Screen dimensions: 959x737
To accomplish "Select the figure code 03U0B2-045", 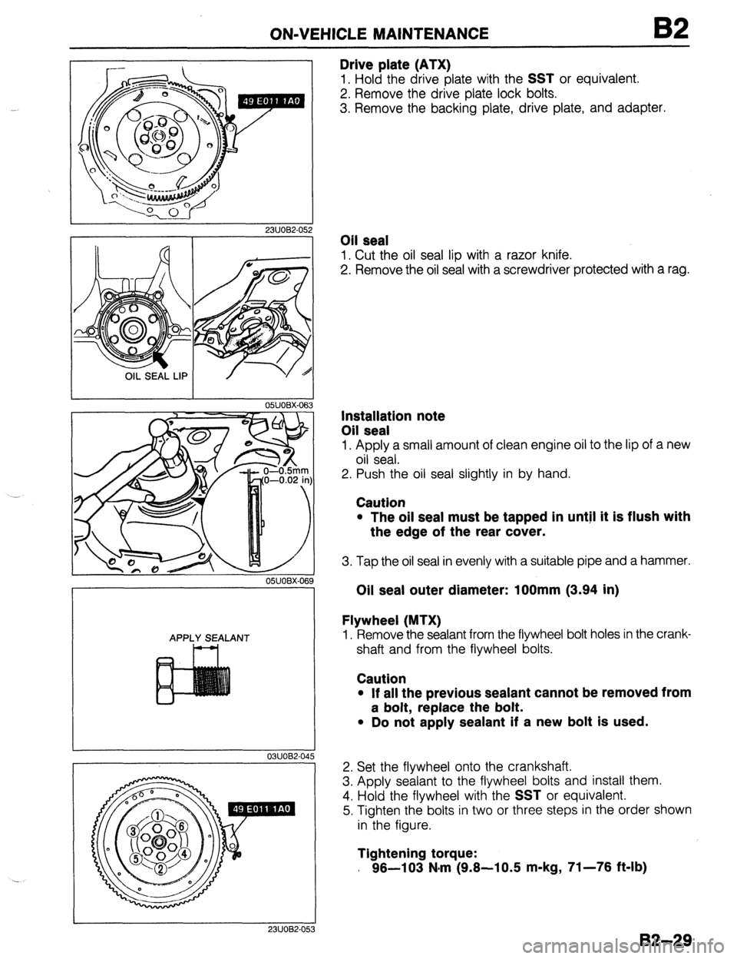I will point(286,755).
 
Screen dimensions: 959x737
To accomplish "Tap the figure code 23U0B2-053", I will point(286,950).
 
